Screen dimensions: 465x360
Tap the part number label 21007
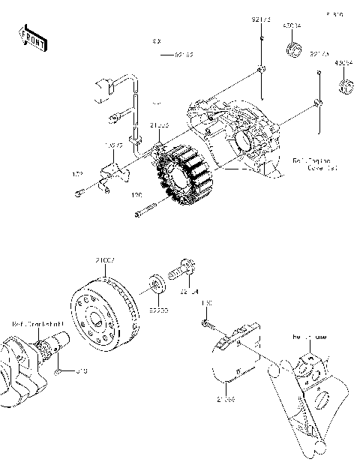coord(104,259)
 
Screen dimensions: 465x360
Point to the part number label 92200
coord(157,308)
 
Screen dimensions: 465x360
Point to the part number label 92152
coord(184,55)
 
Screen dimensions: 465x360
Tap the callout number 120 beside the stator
coord(137,195)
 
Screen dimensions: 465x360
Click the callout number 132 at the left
coord(76,174)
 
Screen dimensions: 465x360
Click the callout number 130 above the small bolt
coord(206,304)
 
